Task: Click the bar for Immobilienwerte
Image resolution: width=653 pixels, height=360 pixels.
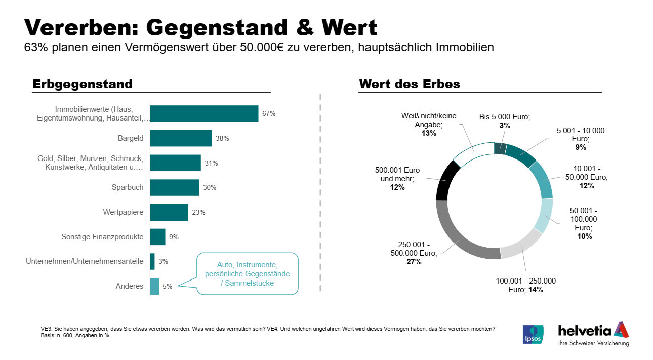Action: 204,113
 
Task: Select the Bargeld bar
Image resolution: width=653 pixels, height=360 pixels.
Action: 181,138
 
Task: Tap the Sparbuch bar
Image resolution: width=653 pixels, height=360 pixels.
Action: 175,187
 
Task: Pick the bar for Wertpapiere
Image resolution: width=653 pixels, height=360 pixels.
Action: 169,212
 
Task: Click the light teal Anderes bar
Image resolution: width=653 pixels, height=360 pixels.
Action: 154,286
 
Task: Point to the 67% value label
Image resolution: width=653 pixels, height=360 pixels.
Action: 268,114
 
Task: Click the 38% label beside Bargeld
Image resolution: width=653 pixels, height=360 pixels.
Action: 222,138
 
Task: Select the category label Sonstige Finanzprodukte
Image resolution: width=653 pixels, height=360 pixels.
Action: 102,237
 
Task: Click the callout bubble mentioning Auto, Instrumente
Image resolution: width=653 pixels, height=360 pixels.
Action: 247,273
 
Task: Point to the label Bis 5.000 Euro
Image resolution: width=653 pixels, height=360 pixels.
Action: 504,117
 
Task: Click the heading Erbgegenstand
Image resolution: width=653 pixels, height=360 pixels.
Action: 83,84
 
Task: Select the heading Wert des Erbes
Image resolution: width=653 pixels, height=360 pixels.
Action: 410,84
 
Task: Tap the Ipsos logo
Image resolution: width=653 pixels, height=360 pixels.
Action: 533,334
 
